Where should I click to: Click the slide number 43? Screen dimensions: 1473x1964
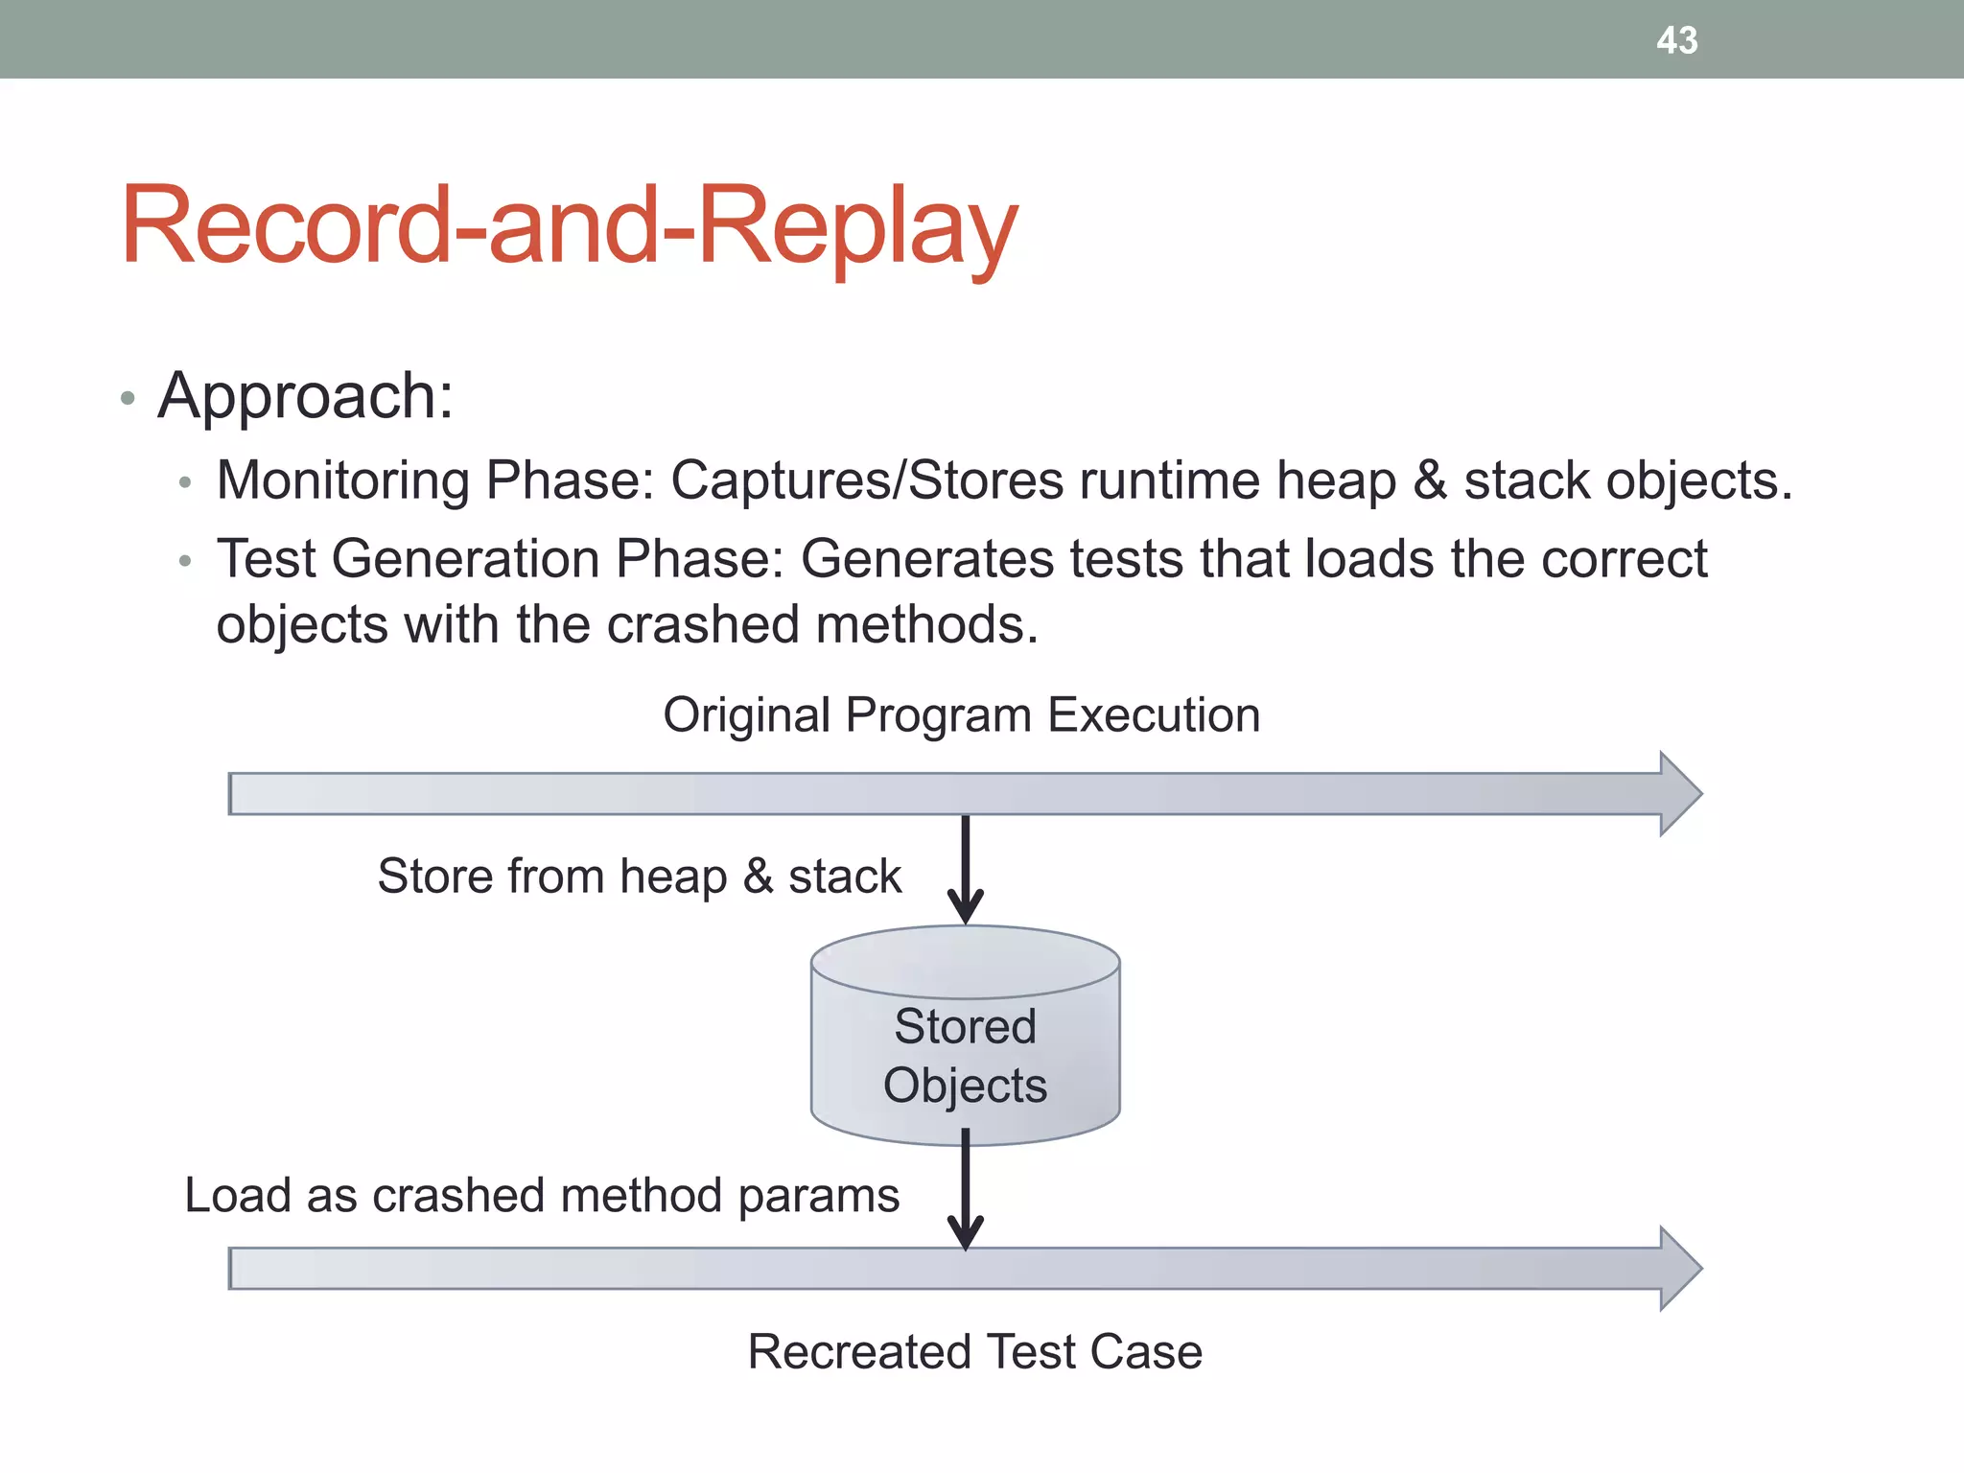[1676, 40]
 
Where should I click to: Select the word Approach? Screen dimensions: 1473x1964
[305, 396]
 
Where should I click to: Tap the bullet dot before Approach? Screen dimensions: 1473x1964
[128, 398]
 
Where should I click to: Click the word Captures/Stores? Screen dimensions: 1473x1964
[867, 479]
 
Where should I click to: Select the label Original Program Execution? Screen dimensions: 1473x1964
[961, 715]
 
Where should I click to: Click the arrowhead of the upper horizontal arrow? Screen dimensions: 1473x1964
[1680, 794]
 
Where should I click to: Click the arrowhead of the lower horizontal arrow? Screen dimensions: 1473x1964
[1680, 1268]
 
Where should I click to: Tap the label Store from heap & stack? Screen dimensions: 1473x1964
[639, 877]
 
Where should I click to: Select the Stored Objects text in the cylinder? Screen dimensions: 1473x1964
[965, 1056]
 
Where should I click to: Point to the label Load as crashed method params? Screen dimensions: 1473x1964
[542, 1196]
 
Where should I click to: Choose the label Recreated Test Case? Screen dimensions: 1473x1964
[974, 1352]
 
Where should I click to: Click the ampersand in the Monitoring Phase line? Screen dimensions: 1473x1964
[1430, 479]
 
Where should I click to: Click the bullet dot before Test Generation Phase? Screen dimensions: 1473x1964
[185, 561]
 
